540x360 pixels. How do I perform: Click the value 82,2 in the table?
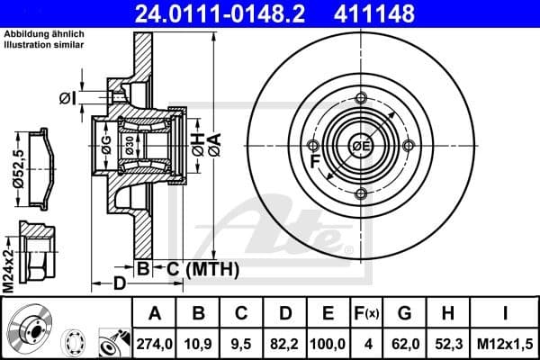click(284, 343)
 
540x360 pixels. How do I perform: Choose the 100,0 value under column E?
click(328, 343)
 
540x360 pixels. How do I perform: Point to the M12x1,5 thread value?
click(504, 343)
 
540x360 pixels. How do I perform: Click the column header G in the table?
click(405, 313)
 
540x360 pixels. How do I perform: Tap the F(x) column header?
click(367, 313)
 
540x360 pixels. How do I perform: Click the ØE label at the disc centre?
click(361, 146)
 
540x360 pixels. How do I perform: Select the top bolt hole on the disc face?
click(361, 98)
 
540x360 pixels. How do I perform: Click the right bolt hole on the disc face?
click(408, 145)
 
